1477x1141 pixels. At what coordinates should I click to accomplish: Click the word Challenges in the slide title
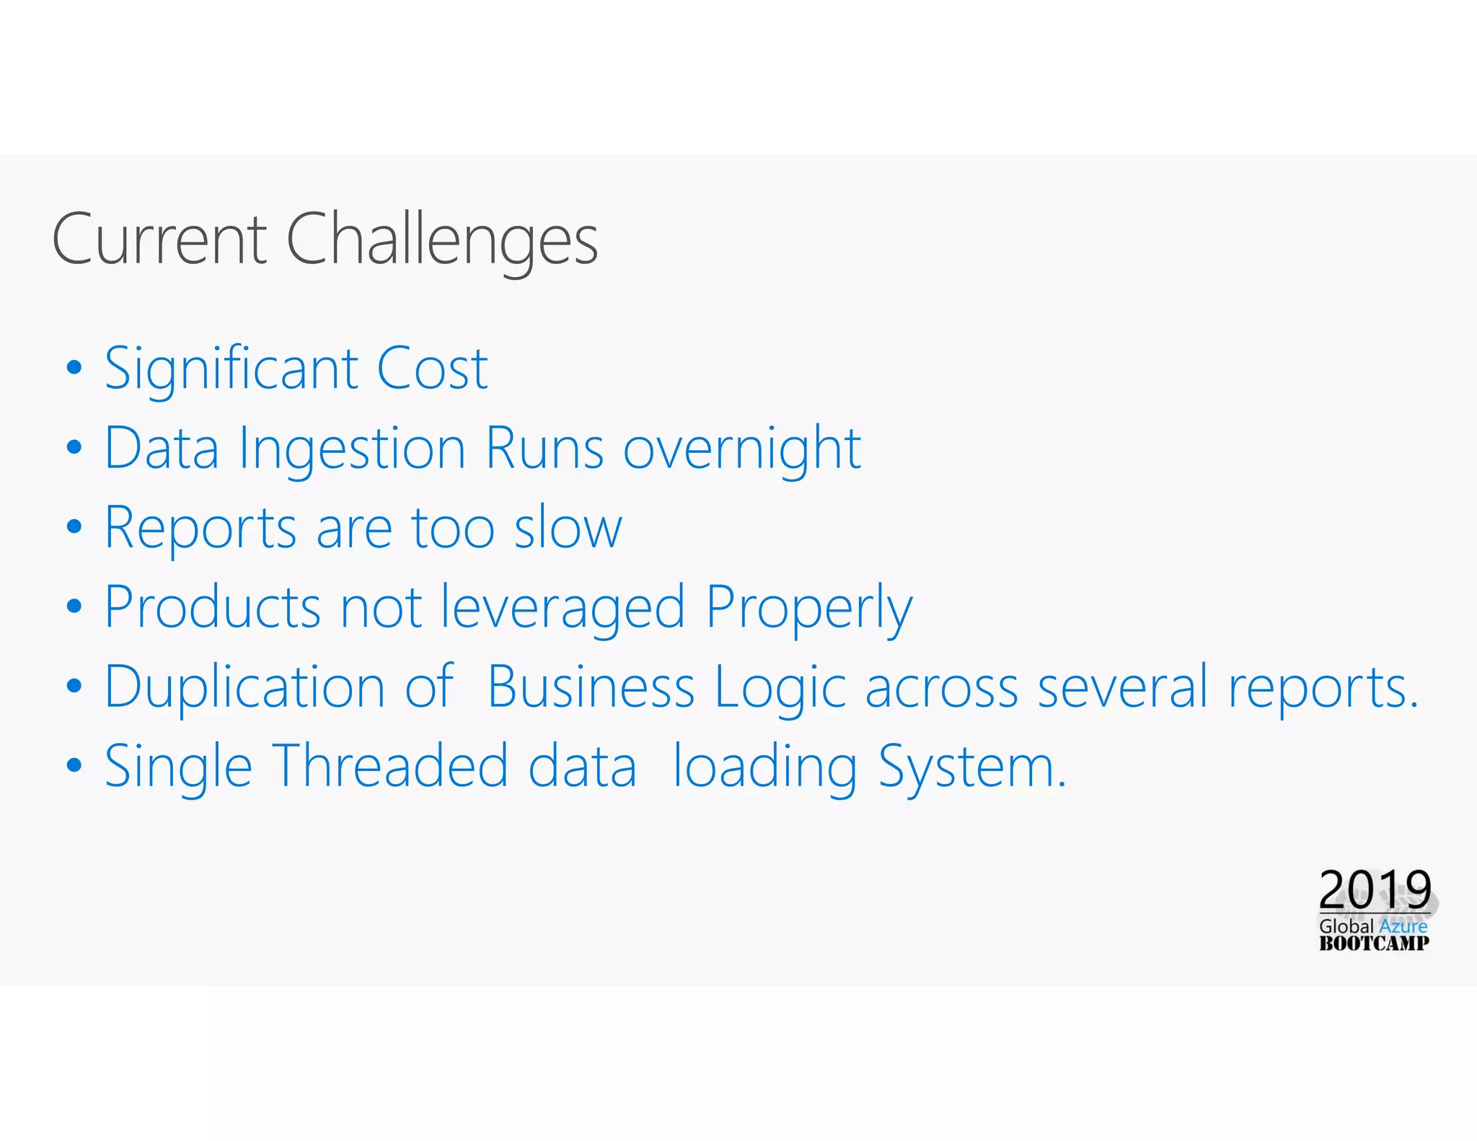point(442,239)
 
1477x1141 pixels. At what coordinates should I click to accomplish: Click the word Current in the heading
point(159,239)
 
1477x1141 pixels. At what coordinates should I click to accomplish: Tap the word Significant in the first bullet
point(232,369)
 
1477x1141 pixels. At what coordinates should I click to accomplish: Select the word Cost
point(432,369)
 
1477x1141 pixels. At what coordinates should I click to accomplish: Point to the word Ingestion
point(352,449)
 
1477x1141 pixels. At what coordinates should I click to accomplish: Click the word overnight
point(742,449)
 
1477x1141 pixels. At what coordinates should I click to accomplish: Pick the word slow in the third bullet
point(568,528)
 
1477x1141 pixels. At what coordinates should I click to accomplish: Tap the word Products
point(213,607)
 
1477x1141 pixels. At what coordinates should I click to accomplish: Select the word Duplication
point(245,687)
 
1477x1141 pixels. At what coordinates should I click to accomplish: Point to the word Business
point(591,687)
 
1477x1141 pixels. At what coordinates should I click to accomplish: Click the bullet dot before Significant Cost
point(74,368)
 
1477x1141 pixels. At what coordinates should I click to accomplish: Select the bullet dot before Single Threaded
point(74,765)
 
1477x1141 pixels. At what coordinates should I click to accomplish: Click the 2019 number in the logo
point(1375,889)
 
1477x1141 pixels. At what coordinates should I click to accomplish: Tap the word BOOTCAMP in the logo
point(1374,943)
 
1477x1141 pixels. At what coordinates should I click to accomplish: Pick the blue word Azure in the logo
point(1403,926)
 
